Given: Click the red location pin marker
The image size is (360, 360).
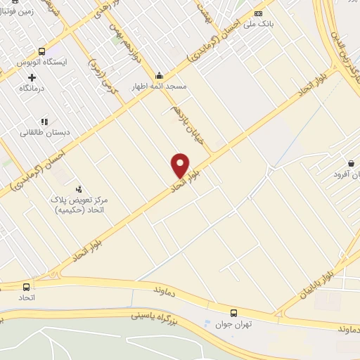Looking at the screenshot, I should [180, 165].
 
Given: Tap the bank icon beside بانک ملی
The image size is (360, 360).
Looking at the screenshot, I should [259, 13].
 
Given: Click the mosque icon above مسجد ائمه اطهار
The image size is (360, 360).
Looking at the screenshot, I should [159, 75].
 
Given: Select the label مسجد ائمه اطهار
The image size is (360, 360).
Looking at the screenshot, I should [160, 86].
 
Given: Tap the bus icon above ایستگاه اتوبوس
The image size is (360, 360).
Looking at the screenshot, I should [41, 51].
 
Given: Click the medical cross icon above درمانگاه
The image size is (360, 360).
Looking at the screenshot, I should [32, 77].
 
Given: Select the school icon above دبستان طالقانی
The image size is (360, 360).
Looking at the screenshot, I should [46, 121].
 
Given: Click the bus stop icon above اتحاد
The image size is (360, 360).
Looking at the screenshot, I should [26, 287].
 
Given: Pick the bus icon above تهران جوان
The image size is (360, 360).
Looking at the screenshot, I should [233, 312].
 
